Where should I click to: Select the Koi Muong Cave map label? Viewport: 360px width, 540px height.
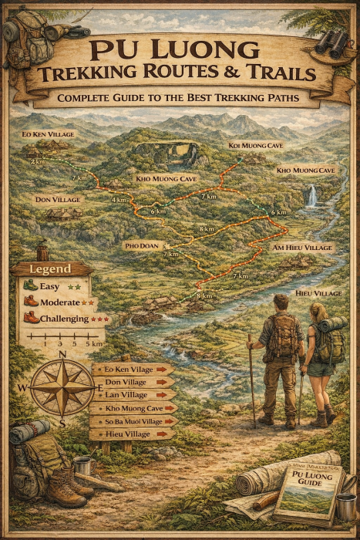[256, 145]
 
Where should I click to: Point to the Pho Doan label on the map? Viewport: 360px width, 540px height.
[142, 245]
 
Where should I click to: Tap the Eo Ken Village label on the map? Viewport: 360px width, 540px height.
[48, 133]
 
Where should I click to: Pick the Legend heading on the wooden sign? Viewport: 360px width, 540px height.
[49, 269]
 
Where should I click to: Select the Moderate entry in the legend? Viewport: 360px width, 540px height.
[58, 302]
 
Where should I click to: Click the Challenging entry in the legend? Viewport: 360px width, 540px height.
[64, 317]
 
